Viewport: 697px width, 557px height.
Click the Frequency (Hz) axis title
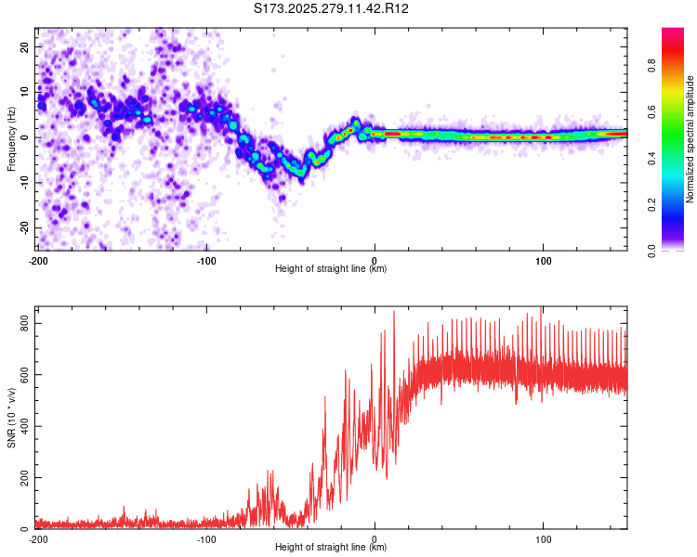[x=11, y=139]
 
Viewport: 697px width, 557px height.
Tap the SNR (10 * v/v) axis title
[x=11, y=418]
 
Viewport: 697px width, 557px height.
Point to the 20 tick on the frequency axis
[x=26, y=46]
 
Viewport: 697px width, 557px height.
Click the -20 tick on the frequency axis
[x=24, y=228]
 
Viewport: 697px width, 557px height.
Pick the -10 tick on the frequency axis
[x=24, y=183]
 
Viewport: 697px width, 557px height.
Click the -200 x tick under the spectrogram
[x=38, y=261]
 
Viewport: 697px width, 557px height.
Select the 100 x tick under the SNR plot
[x=543, y=539]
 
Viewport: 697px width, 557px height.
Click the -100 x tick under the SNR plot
[x=206, y=539]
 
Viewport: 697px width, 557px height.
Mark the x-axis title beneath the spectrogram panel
[x=331, y=269]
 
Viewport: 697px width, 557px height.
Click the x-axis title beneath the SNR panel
[x=331, y=548]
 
